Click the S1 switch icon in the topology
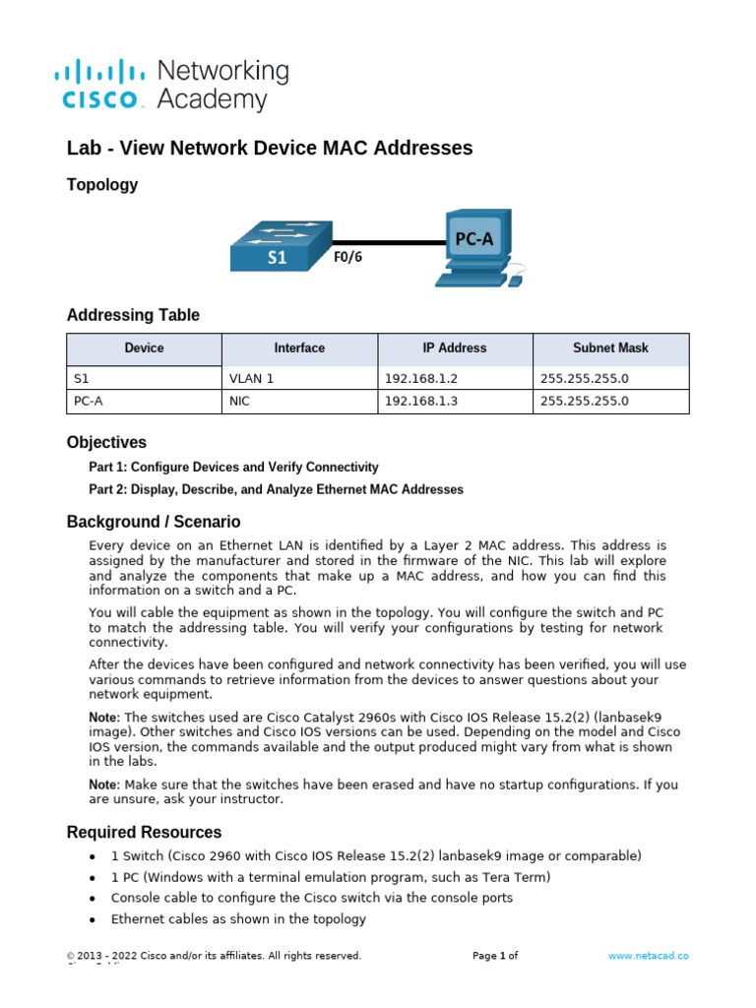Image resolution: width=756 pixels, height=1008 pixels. pos(278,244)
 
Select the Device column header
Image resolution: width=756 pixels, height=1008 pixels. pos(144,348)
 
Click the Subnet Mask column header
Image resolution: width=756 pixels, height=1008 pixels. pos(610,348)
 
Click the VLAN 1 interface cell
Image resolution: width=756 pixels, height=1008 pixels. pos(252,377)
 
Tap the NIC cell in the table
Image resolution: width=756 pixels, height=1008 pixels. pos(239,402)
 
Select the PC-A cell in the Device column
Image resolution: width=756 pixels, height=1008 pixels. pos(89,402)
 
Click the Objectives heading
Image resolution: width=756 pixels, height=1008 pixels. pos(106,443)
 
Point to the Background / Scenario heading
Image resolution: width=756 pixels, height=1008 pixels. pos(153,522)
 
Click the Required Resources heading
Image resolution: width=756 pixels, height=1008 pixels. pos(144,833)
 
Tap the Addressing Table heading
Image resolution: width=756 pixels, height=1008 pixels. pos(133,315)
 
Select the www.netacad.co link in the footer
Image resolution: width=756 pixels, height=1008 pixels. pos(648,956)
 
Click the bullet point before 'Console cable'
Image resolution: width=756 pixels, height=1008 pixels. pos(92,899)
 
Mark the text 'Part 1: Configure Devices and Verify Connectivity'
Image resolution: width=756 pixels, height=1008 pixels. pos(233,468)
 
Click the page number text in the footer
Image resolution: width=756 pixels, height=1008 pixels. pos(494,956)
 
